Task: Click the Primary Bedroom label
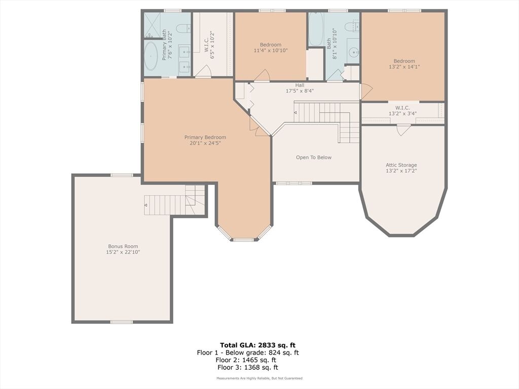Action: (x=205, y=137)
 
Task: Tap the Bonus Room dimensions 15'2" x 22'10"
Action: (x=123, y=252)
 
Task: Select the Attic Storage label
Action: (x=401, y=165)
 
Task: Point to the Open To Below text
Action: (x=313, y=158)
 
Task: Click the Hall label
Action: (x=300, y=85)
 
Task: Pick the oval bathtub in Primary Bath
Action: (x=152, y=56)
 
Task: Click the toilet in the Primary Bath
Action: (x=183, y=29)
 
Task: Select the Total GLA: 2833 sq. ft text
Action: (x=258, y=345)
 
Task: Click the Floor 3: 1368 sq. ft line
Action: (x=248, y=367)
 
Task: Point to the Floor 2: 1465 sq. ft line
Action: (x=246, y=360)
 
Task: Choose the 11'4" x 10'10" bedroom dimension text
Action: (x=271, y=51)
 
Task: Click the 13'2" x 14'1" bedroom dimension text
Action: (x=404, y=67)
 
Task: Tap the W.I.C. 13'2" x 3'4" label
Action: (x=402, y=111)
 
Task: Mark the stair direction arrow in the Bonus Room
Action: (x=145, y=205)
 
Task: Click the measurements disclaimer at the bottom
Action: (x=259, y=378)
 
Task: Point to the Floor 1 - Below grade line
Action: (x=247, y=353)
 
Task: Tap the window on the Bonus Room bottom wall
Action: (x=122, y=322)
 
